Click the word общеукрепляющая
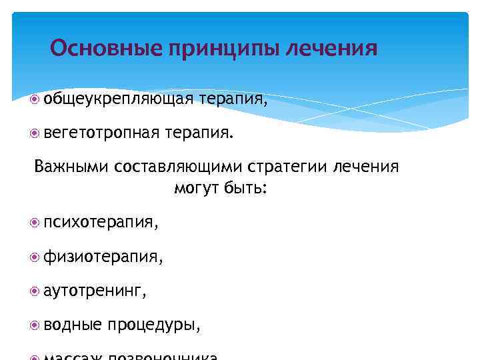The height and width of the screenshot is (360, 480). [x=119, y=100]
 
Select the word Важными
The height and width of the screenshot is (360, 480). [x=71, y=166]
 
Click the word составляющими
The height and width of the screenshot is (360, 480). [x=175, y=167]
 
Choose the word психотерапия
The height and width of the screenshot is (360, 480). [x=99, y=221]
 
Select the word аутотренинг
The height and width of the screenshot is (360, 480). [x=93, y=291]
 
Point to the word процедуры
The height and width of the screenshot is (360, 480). [x=155, y=325]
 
